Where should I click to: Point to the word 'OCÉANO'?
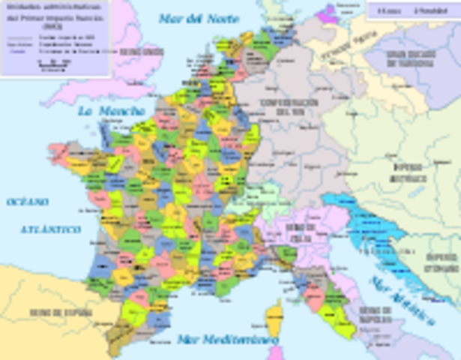pos(28,202)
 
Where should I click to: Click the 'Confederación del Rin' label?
pos(289,106)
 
